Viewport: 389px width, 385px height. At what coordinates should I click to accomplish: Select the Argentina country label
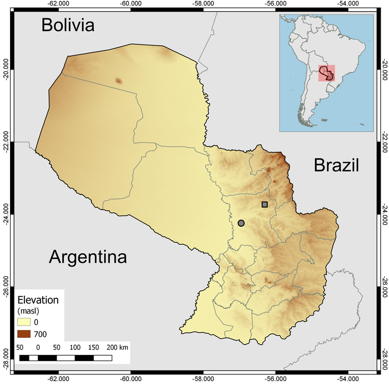point(88,257)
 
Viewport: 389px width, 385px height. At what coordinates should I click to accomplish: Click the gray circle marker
point(241,223)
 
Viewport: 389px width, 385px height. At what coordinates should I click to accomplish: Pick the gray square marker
point(265,204)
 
